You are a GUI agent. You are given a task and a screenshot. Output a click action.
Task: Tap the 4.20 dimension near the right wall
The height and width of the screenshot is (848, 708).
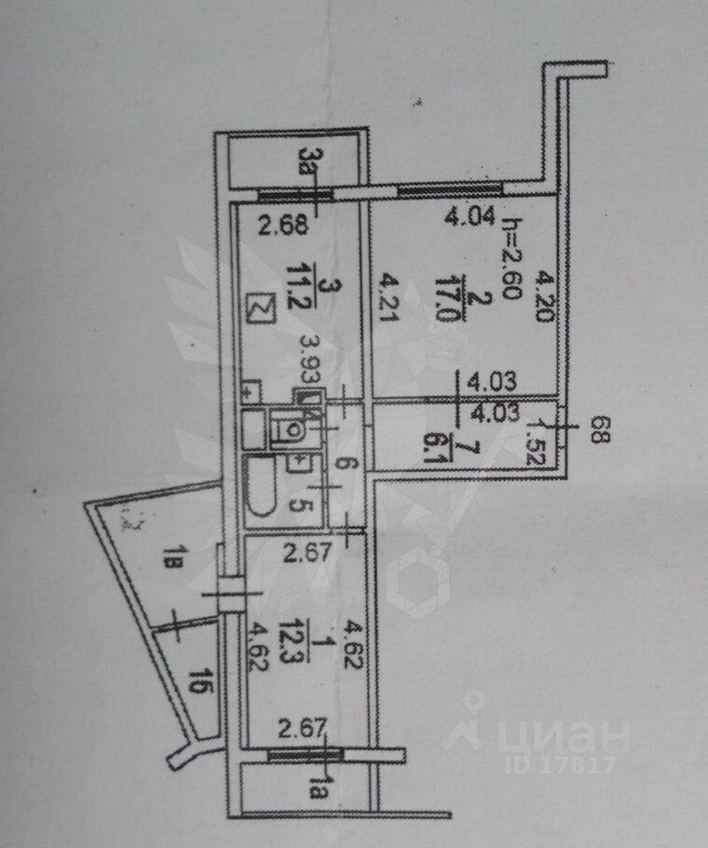point(547,300)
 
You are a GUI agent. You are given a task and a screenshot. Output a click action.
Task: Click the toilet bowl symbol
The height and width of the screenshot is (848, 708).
point(290,431)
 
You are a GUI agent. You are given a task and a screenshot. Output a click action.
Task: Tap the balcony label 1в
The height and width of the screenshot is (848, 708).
point(173,564)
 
